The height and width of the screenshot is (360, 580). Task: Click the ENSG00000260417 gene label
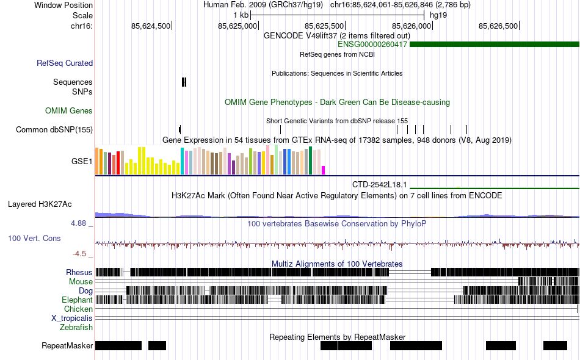click(x=372, y=45)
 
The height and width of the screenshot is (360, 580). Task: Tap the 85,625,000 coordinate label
click(x=237, y=26)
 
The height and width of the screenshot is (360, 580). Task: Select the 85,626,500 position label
click(x=498, y=26)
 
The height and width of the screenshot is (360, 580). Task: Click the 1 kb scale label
click(x=241, y=15)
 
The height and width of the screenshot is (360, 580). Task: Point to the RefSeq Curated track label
click(x=65, y=63)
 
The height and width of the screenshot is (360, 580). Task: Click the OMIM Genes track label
click(x=69, y=111)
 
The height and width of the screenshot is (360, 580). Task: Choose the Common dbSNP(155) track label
click(x=54, y=129)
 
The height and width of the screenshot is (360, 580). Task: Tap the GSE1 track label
click(x=82, y=162)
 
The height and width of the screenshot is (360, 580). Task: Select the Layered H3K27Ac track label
click(x=40, y=204)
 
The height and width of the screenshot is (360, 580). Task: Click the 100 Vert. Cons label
click(x=34, y=238)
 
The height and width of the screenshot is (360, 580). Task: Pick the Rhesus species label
click(x=79, y=272)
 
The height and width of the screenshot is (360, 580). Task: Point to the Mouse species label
click(x=81, y=282)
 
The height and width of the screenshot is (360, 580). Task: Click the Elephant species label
click(x=77, y=300)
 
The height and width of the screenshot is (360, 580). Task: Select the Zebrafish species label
click(x=76, y=328)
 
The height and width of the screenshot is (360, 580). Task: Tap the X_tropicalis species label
click(x=72, y=319)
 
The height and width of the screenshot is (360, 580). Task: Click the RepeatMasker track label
click(x=67, y=346)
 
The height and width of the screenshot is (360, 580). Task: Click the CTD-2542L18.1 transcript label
click(x=379, y=184)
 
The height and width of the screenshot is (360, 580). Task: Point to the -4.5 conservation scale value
click(x=79, y=254)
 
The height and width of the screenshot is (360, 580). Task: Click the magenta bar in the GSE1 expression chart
click(x=324, y=170)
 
